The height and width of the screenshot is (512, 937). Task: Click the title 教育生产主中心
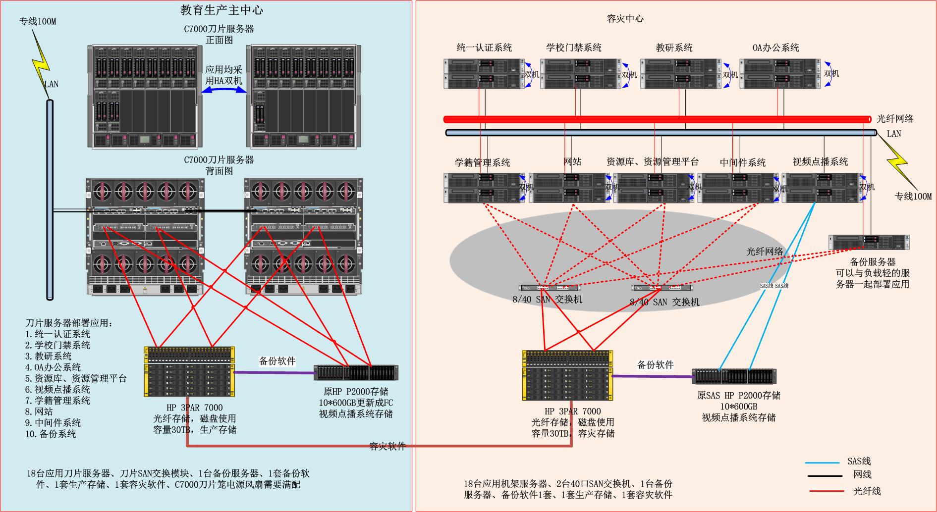click(x=221, y=10)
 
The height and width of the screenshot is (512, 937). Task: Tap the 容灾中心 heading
click(x=625, y=19)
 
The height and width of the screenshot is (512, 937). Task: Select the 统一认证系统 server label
click(x=484, y=48)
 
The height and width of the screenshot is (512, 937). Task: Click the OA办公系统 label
click(x=775, y=48)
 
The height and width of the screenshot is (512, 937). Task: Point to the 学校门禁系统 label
click(x=574, y=48)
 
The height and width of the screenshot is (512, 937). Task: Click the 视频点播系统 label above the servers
click(x=820, y=161)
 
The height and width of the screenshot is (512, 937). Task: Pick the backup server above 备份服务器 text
click(x=869, y=242)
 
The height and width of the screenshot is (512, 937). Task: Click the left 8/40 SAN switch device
click(x=549, y=288)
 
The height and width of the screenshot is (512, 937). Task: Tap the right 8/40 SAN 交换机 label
click(x=664, y=302)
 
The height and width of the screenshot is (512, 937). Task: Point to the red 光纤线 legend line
click(x=827, y=491)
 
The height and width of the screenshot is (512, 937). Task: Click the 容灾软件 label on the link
click(x=387, y=446)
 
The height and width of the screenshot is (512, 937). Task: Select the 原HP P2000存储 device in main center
click(x=356, y=373)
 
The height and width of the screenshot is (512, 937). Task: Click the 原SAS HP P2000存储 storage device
click(x=734, y=376)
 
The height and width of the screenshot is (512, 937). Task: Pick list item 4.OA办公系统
click(x=53, y=367)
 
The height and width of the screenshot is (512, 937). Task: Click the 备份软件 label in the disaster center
click(x=655, y=365)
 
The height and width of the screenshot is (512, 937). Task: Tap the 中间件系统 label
click(x=742, y=162)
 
